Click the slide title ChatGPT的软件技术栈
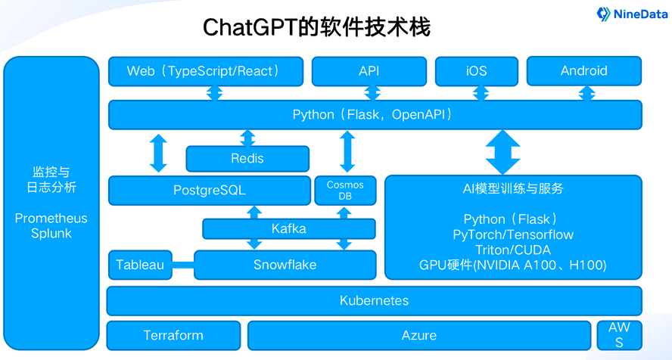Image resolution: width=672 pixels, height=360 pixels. pos(316,28)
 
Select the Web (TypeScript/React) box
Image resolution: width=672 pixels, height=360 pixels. pos(205,71)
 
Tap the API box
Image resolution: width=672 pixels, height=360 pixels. pos(369,71)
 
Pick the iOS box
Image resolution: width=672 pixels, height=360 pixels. pos(477,71)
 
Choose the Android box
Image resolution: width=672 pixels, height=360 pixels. pos(583,71)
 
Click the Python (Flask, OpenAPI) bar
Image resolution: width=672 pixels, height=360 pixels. pos(375,115)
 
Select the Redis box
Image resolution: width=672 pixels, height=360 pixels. pos(247,159)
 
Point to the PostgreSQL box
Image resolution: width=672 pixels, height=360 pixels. pos(208,191)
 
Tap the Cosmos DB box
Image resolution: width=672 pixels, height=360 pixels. pos(345,191)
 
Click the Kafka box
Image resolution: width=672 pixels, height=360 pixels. pos(288,228)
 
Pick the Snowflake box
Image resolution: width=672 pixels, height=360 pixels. pos(285,265)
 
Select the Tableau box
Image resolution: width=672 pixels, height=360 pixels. pos(140,265)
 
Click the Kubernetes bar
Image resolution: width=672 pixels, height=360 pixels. pos(374,301)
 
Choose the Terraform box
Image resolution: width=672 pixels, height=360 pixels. pos(173,335)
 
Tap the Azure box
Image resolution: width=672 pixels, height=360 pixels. pos(418,335)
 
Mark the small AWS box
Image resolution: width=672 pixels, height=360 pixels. pos(619,335)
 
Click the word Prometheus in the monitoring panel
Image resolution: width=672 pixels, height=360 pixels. pos(51,219)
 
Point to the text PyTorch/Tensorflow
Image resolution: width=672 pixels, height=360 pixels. pos(513,234)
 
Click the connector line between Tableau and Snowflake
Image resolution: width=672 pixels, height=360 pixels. pos(183,265)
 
